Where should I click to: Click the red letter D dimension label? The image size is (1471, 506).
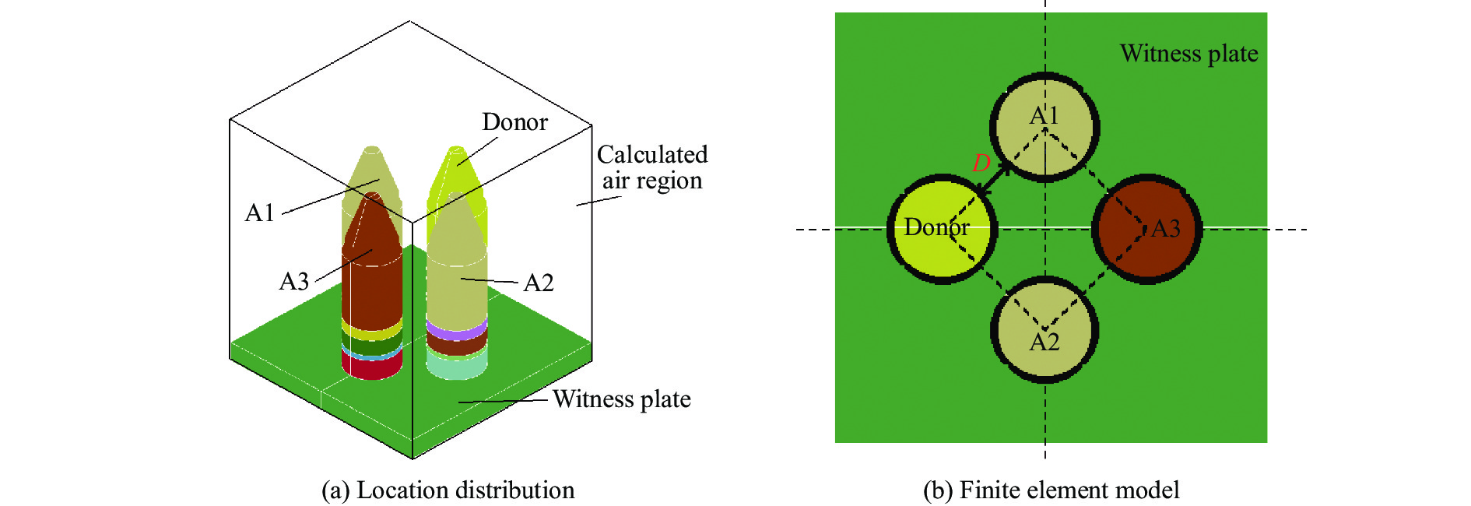[x=981, y=163]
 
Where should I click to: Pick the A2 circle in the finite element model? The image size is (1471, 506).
[x=1044, y=311]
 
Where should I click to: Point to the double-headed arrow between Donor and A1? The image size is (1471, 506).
[x=995, y=181]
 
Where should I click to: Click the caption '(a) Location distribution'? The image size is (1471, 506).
[x=448, y=490]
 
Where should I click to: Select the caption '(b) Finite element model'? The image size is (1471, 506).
[x=1051, y=490]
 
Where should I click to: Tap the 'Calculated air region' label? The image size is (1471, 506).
[x=652, y=167]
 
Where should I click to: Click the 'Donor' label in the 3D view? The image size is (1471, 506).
[x=514, y=122]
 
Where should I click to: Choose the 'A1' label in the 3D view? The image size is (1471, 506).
[x=260, y=213]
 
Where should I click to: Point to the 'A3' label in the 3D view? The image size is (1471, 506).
[x=294, y=281]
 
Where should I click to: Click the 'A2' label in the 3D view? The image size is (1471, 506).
[x=539, y=283]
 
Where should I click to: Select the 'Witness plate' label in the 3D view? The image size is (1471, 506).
[x=621, y=399]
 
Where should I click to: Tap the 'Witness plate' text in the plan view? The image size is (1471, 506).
[x=1188, y=54]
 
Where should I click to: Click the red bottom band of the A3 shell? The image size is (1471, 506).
[x=372, y=367]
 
